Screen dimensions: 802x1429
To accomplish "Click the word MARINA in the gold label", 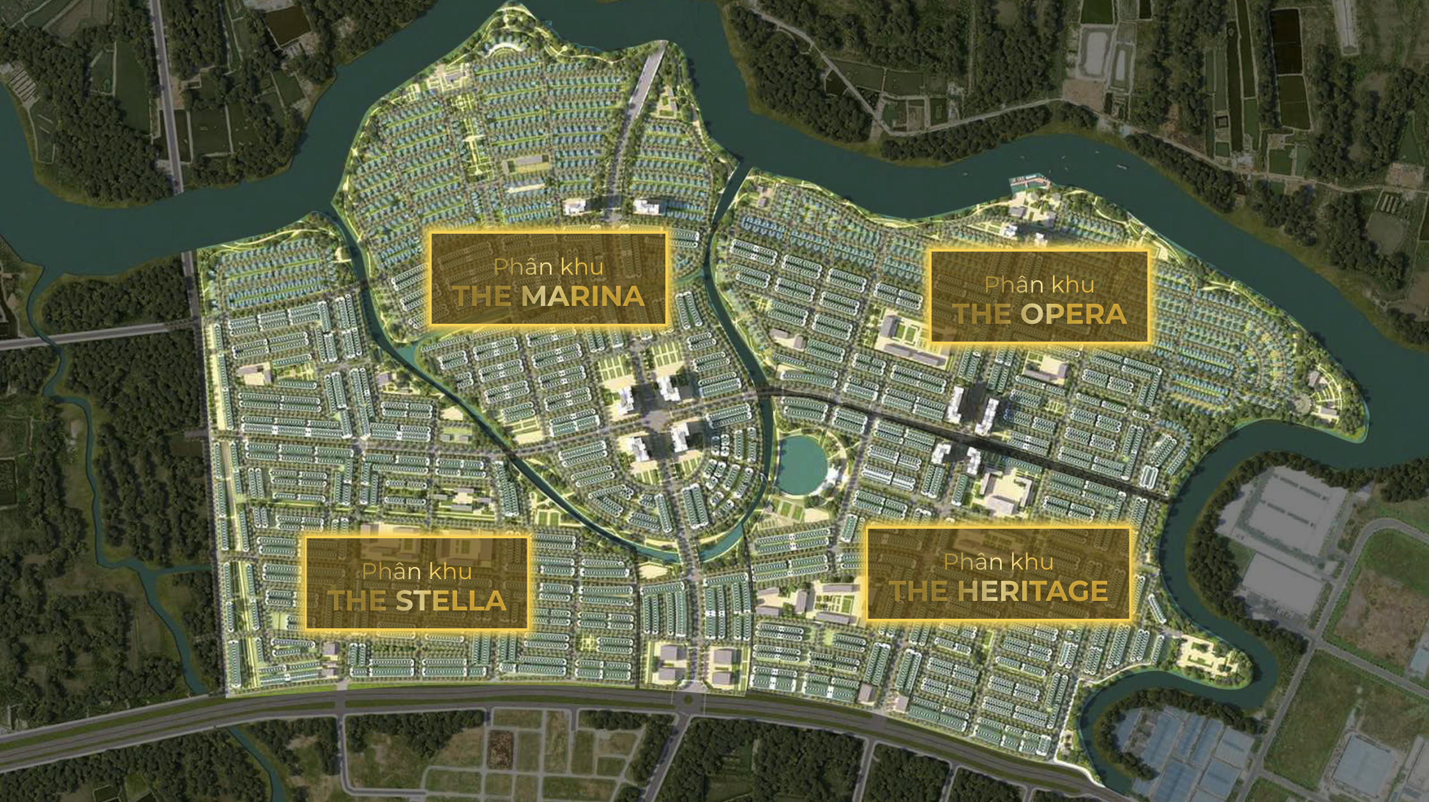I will pyautogui.click(x=583, y=296).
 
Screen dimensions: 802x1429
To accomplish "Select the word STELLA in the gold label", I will pyautogui.click(x=451, y=601).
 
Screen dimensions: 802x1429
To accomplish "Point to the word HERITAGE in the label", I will pyautogui.click(x=1032, y=591).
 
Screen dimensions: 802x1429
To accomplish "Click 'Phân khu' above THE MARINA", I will pyautogui.click(x=548, y=267).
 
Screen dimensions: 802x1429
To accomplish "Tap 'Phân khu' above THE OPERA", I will pyautogui.click(x=1040, y=285).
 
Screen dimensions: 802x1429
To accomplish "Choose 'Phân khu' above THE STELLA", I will pyautogui.click(x=417, y=571).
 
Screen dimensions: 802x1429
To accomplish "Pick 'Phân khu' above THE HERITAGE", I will pyautogui.click(x=998, y=562).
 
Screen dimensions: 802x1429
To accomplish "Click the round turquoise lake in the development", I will pyautogui.click(x=803, y=464).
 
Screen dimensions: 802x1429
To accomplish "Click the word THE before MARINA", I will pyautogui.click(x=482, y=296).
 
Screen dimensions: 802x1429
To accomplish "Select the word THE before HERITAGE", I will pyautogui.click(x=919, y=591).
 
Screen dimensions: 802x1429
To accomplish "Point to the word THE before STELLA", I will pyautogui.click(x=357, y=601).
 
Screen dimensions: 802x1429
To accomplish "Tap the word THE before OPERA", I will pyautogui.click(x=981, y=314).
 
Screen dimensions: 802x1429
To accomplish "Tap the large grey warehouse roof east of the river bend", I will pyautogui.click(x=1283, y=511).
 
